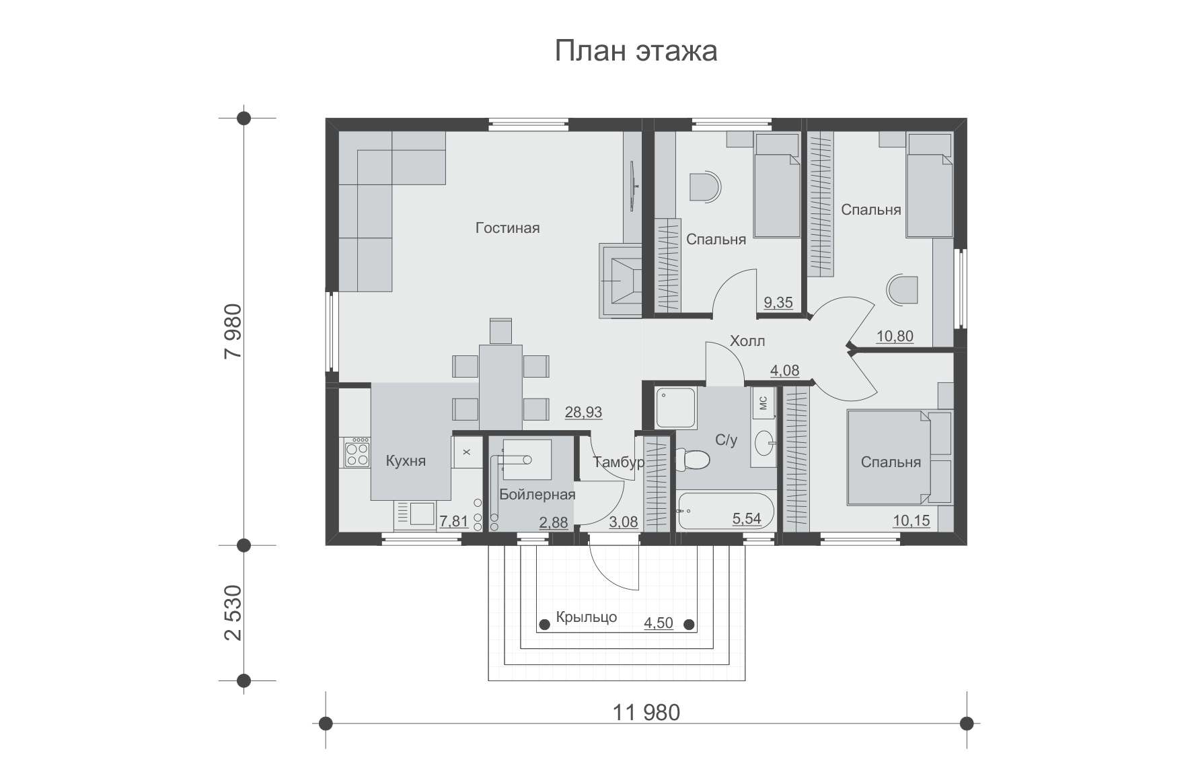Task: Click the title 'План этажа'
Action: [636, 52]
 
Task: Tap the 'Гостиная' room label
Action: [507, 228]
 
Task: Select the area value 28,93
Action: [583, 413]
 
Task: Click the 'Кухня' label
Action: [406, 461]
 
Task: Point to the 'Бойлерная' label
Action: [537, 495]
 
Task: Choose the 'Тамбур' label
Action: [619, 462]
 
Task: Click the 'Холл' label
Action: [747, 341]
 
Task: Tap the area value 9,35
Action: [778, 303]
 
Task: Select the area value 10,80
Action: [895, 336]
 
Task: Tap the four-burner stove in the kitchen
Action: [357, 452]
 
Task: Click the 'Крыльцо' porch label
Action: [587, 618]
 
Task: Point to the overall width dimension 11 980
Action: [646, 712]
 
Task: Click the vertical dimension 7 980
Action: [231, 332]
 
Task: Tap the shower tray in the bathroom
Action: [676, 408]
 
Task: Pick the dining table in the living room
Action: [501, 387]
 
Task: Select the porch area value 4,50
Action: [659, 623]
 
